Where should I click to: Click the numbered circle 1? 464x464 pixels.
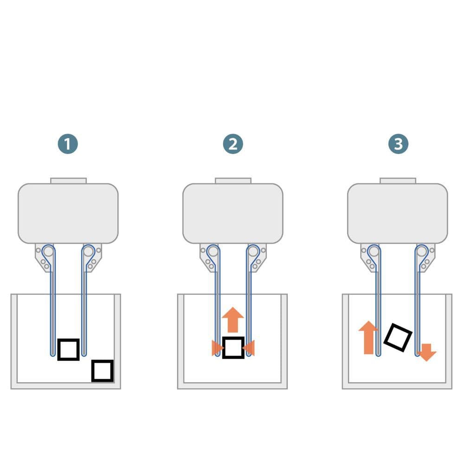pyautogui.click(x=68, y=144)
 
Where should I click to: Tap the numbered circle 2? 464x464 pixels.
pyautogui.click(x=233, y=144)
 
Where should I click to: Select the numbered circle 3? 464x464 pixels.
pyautogui.click(x=398, y=144)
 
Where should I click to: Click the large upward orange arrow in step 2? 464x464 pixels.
pyautogui.click(x=233, y=320)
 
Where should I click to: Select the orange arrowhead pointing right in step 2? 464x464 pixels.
pyautogui.click(x=218, y=348)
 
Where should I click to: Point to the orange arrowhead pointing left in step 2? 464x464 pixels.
pyautogui.click(x=248, y=348)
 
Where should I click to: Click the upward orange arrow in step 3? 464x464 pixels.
pyautogui.click(x=368, y=337)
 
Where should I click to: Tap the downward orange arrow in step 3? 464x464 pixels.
pyautogui.click(x=426, y=353)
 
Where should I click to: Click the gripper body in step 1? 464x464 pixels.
pyautogui.click(x=68, y=213)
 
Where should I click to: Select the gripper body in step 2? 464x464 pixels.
pyautogui.click(x=233, y=213)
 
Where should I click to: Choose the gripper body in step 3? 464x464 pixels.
pyautogui.click(x=398, y=213)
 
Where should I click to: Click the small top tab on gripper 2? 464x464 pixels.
pyautogui.click(x=233, y=181)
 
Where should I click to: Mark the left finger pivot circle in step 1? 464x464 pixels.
pyautogui.click(x=48, y=251)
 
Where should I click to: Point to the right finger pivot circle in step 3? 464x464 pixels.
pyautogui.click(x=422, y=251)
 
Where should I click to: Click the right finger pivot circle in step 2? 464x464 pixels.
pyautogui.click(x=253, y=251)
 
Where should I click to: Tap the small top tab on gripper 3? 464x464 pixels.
pyautogui.click(x=398, y=181)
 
